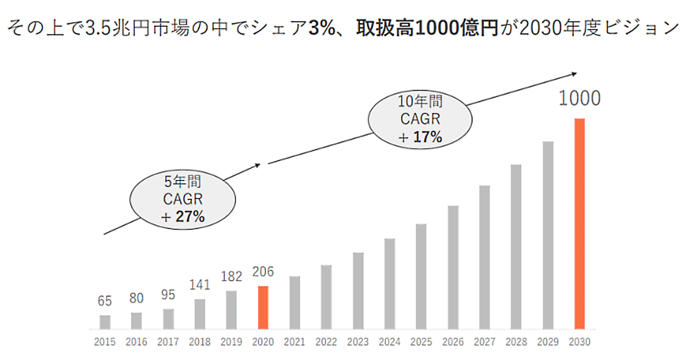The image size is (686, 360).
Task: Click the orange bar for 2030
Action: (x=580, y=223)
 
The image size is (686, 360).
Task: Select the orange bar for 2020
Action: (x=263, y=307)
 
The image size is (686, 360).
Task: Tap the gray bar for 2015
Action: (x=105, y=322)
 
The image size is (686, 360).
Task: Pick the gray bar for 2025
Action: (x=421, y=277)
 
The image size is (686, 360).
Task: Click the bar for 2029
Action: (x=548, y=235)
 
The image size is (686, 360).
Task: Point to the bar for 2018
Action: (x=200, y=314)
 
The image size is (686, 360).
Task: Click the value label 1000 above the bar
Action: (x=580, y=99)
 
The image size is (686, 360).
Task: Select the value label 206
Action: (x=263, y=272)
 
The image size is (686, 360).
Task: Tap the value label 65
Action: (x=105, y=301)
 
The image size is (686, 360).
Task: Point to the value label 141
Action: (x=200, y=285)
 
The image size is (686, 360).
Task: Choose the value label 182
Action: (x=231, y=277)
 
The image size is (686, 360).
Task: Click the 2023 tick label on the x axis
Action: (x=358, y=342)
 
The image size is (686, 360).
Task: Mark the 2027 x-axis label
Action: (x=484, y=342)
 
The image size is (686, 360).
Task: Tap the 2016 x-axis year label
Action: (x=136, y=342)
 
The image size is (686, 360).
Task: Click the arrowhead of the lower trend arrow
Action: (x=258, y=165)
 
